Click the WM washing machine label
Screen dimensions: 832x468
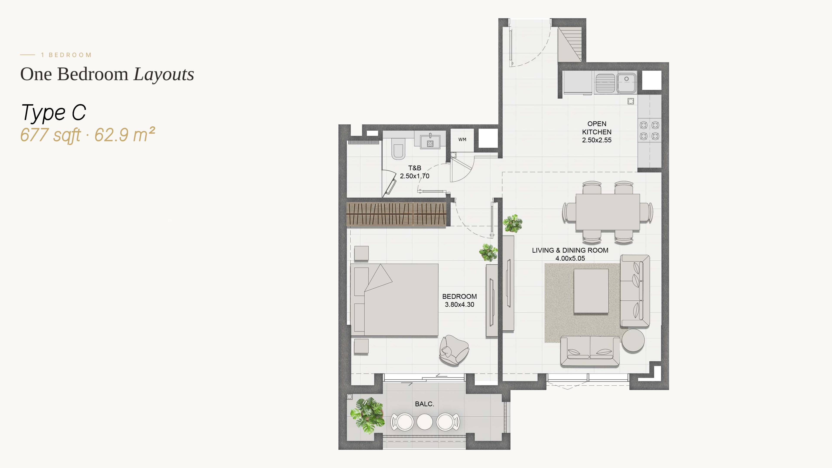click(462, 140)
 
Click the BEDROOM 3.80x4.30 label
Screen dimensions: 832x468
click(459, 300)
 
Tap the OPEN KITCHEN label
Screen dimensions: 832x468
click(596, 128)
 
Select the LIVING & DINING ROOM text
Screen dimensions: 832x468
click(570, 250)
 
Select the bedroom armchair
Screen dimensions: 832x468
click(454, 350)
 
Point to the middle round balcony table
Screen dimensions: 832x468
click(425, 421)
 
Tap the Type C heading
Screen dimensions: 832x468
click(54, 113)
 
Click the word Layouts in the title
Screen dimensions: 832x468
click(164, 74)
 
